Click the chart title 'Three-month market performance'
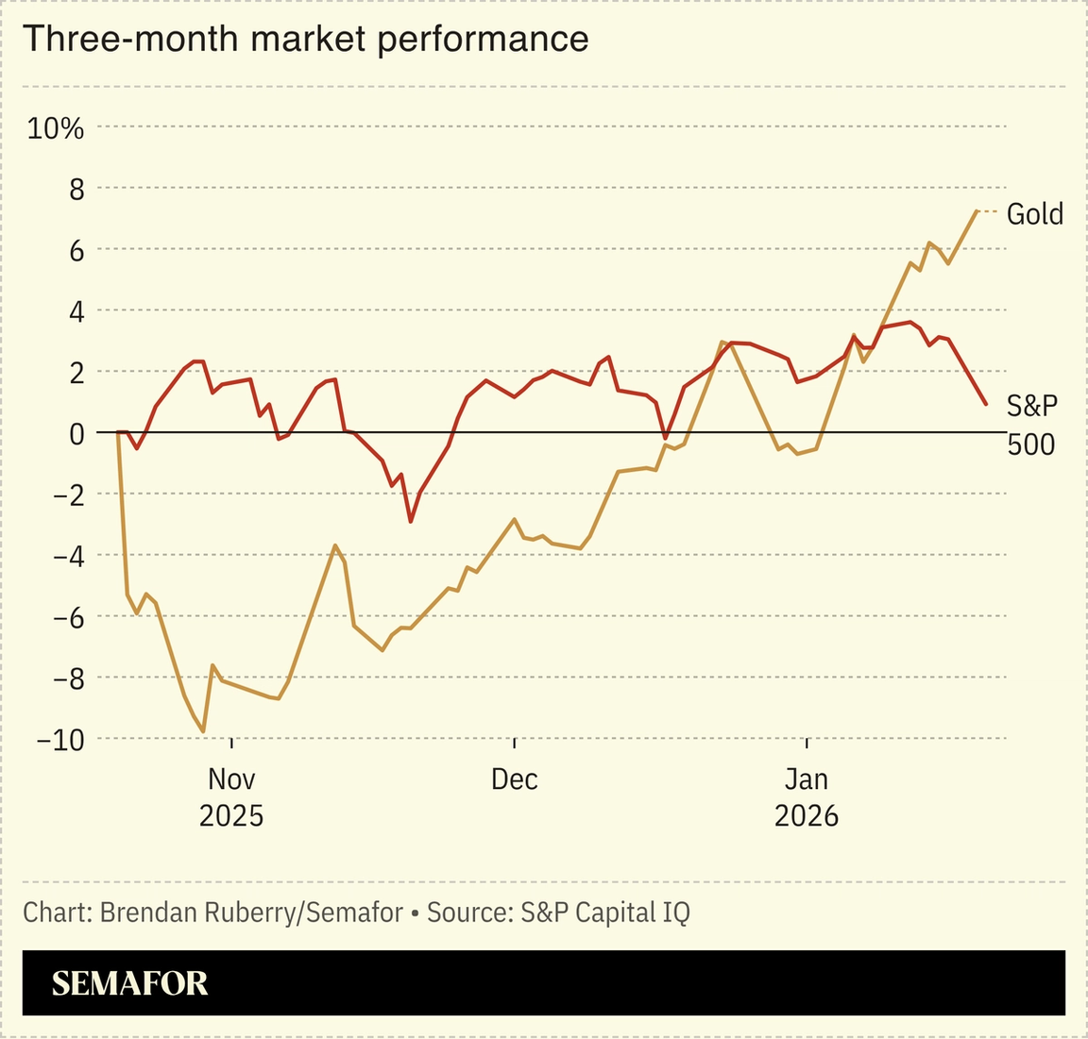(x=305, y=39)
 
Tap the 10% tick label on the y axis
(x=56, y=128)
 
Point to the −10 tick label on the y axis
(x=59, y=740)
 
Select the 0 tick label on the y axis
(x=76, y=433)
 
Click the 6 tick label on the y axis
(x=76, y=251)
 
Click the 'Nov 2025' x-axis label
(x=231, y=796)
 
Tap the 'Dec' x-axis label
(x=514, y=779)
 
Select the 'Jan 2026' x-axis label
(x=807, y=796)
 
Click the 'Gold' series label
(x=1034, y=214)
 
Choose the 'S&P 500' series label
(x=1031, y=424)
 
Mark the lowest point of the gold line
(x=203, y=731)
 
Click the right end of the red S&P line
(x=986, y=404)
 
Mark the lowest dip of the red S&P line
(x=410, y=521)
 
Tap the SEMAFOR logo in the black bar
(x=129, y=983)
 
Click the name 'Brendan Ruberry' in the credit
(x=199, y=913)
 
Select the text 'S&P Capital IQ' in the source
(x=604, y=913)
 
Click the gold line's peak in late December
(x=722, y=342)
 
